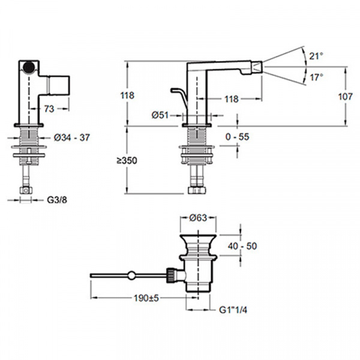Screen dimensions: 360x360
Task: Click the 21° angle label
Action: tap(316, 56)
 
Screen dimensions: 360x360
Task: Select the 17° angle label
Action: tap(317, 77)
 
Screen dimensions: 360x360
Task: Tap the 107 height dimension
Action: tap(346, 97)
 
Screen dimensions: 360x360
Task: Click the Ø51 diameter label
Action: tap(160, 115)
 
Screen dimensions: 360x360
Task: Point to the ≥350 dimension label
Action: tap(127, 160)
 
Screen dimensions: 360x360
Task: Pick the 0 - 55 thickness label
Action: tap(237, 137)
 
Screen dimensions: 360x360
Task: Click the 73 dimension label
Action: tap(49, 109)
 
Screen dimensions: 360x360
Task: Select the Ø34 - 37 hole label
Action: tap(71, 137)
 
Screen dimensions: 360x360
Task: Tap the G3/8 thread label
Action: tap(57, 200)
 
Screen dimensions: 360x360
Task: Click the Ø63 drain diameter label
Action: tap(198, 218)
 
